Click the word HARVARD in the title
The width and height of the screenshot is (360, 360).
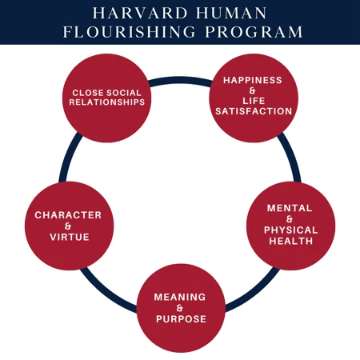(141, 13)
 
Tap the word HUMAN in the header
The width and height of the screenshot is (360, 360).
(231, 13)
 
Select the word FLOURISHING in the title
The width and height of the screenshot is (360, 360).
(130, 32)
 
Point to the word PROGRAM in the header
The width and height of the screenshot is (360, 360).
(254, 32)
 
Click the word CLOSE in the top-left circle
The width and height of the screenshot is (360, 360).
(88, 93)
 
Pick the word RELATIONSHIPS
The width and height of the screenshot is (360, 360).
(107, 102)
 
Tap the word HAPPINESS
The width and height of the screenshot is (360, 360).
(253, 80)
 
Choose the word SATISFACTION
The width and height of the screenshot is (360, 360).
(254, 111)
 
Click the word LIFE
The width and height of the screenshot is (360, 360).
(254, 101)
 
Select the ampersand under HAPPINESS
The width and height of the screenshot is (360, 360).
(252, 90)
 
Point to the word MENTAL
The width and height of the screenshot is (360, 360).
(290, 208)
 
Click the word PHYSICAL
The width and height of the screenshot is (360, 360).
(290, 230)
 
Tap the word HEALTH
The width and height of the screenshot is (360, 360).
(290, 241)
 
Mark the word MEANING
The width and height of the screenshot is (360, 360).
(180, 297)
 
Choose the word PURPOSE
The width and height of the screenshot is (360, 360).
(181, 319)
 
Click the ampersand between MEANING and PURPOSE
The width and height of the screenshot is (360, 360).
(180, 308)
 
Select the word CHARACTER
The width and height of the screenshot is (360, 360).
(68, 215)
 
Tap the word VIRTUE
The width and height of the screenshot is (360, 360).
(70, 237)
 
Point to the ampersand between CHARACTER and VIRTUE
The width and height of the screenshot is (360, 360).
(68, 226)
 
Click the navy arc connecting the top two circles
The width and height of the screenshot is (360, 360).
(180, 80)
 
